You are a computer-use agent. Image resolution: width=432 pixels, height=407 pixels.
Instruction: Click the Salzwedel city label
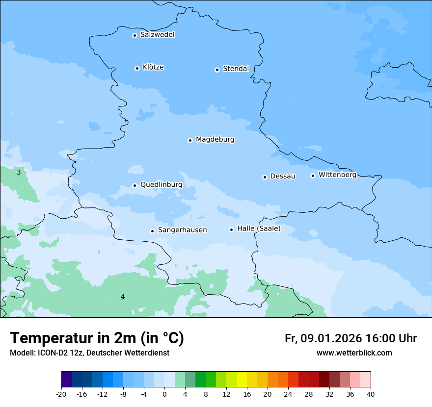click(x=157, y=35)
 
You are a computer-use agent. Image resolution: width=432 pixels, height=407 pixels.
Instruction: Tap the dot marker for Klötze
click(x=137, y=68)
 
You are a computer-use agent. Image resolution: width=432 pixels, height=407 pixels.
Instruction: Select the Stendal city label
click(x=236, y=69)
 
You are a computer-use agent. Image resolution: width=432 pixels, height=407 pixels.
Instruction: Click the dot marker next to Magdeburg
click(x=190, y=140)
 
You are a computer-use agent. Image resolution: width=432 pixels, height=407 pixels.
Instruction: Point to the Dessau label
click(x=283, y=176)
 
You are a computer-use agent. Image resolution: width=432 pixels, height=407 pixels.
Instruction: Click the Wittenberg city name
click(x=337, y=175)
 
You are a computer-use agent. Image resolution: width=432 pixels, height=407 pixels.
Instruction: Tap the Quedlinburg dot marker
click(x=135, y=185)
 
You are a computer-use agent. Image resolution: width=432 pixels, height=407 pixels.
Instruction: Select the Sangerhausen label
click(x=182, y=230)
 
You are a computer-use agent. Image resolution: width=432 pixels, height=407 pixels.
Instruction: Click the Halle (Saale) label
click(x=259, y=229)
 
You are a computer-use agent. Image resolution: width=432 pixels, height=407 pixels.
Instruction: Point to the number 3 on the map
click(x=19, y=172)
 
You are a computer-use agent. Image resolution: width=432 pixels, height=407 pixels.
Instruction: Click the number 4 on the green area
click(x=123, y=297)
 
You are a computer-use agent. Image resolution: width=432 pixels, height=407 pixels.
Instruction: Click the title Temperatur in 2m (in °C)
click(x=97, y=338)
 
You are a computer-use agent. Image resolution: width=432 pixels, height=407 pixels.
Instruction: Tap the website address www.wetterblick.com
click(x=354, y=353)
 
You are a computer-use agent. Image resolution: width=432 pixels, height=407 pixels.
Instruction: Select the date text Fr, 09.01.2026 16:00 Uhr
click(x=351, y=338)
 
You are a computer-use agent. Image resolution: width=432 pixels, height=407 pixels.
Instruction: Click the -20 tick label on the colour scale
click(x=61, y=394)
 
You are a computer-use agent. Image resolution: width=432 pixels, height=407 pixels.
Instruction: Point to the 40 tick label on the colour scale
click(x=371, y=394)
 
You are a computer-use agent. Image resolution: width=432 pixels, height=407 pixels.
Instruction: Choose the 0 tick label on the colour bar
click(x=164, y=394)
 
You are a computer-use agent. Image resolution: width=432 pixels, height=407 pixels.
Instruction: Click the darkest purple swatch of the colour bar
click(x=66, y=380)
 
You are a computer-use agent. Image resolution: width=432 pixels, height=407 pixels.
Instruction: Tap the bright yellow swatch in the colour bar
click(x=242, y=380)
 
